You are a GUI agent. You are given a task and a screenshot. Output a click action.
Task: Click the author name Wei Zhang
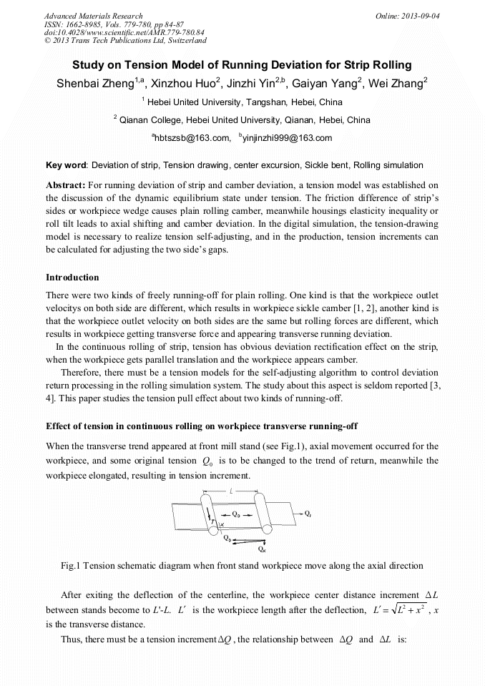[x=395, y=84]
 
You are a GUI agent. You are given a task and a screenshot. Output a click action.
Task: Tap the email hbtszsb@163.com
[x=201, y=138]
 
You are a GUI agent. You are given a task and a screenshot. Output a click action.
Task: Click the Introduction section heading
[x=72, y=277]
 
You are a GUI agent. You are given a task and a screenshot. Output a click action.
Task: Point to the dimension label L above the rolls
[x=232, y=492]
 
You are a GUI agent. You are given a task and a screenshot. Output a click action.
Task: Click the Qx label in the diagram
[x=262, y=549]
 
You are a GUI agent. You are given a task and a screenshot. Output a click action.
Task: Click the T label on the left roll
[x=212, y=521]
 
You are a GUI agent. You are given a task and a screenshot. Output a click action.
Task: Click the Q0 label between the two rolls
[x=236, y=514]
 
